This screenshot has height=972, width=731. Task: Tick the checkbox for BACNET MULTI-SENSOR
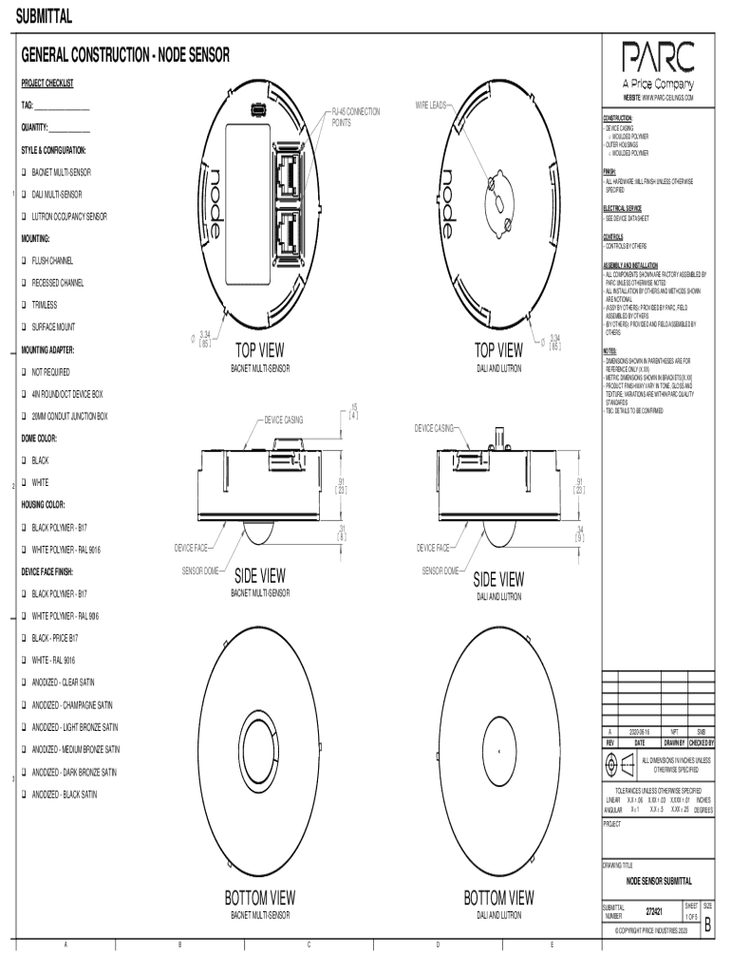(x=25, y=173)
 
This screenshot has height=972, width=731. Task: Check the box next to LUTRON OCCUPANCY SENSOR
(x=25, y=217)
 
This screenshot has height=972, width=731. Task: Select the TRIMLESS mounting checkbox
(x=25, y=306)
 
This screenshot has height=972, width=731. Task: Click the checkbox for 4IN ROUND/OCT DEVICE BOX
(x=25, y=394)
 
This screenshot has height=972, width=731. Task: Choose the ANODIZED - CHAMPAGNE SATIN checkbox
(x=25, y=705)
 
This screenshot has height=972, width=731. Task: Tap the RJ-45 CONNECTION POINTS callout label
(x=355, y=118)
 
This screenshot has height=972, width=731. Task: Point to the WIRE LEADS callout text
(x=432, y=105)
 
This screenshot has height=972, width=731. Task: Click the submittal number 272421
(x=653, y=912)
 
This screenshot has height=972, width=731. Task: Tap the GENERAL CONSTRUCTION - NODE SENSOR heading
(x=125, y=57)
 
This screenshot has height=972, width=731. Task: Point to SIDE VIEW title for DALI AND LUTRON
(x=498, y=579)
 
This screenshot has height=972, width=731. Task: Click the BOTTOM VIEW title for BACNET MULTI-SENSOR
(x=259, y=897)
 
